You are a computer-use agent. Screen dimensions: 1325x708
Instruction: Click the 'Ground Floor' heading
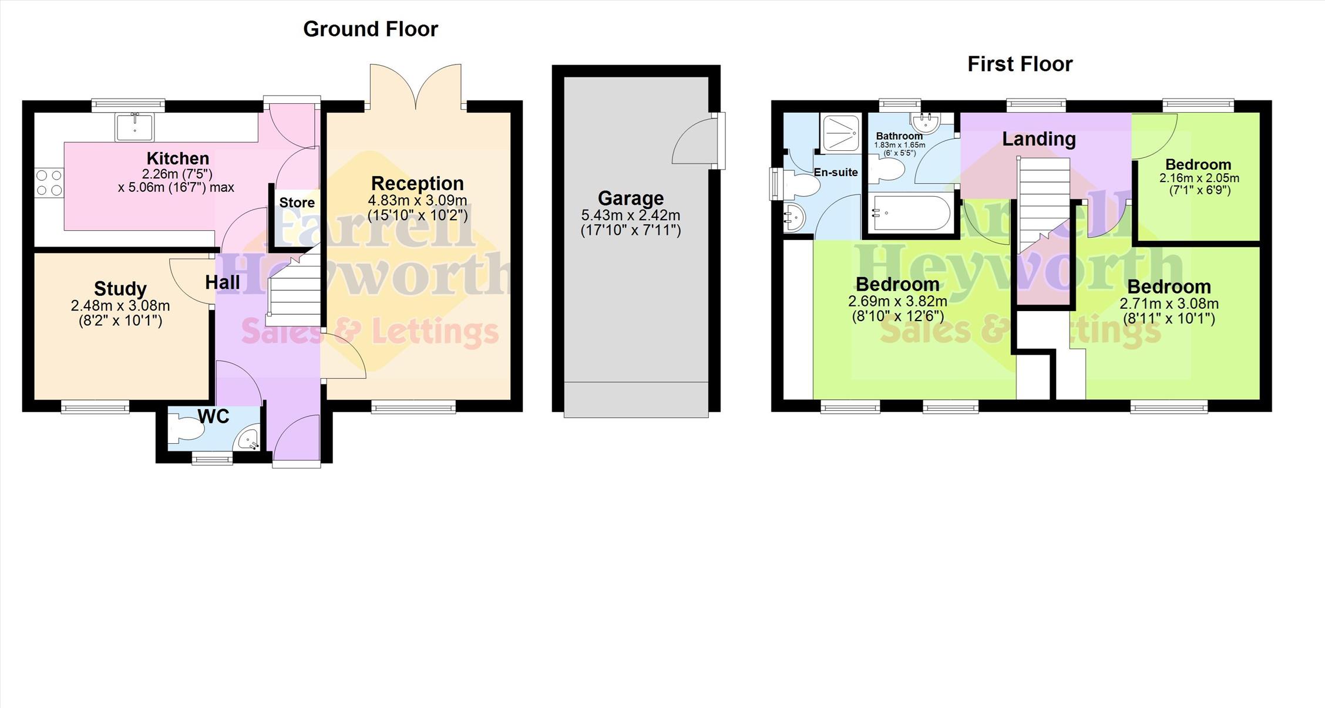point(371,29)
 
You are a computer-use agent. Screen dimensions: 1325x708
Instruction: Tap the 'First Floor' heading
point(1020,64)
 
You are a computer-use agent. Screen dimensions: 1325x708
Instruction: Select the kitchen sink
point(135,127)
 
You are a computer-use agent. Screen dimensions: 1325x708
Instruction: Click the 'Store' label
point(297,203)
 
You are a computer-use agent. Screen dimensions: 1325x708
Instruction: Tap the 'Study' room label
point(120,288)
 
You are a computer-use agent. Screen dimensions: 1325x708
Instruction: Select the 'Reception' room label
point(418,183)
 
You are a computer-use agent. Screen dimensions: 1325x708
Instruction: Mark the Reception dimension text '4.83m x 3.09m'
point(418,200)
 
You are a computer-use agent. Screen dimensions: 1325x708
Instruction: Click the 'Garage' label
point(631,198)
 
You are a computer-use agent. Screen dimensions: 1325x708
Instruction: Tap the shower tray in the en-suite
point(841,133)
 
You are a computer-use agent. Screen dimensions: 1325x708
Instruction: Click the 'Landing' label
point(1039,139)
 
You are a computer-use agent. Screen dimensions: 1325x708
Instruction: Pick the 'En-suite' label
point(836,172)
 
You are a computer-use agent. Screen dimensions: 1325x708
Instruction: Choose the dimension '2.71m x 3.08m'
point(1169,304)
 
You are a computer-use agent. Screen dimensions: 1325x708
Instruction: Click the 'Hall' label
point(223,282)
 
